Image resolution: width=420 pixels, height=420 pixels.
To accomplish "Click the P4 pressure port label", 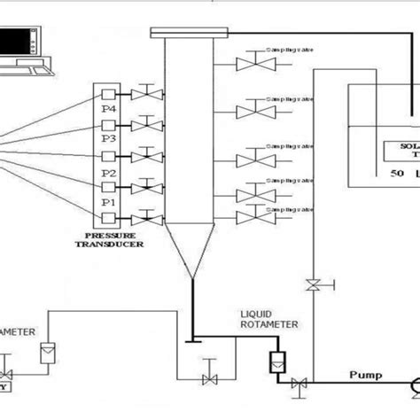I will [107, 109].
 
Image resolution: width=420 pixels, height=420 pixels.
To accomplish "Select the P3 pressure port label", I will [107, 138].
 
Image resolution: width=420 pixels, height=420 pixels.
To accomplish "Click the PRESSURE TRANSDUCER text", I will [111, 242].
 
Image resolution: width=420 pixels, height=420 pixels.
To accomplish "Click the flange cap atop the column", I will [191, 34].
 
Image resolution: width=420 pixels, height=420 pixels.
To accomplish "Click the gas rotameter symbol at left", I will [47, 351].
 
